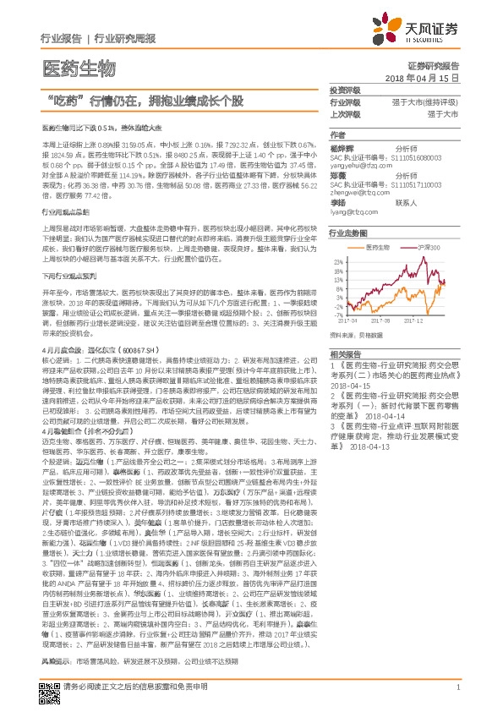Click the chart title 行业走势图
[x=348, y=232]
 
